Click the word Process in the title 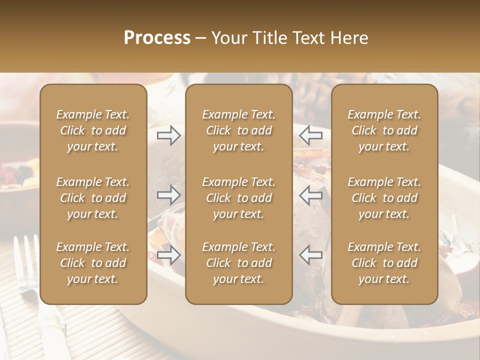tap(157, 38)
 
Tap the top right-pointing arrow tap(168, 135)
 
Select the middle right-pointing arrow tap(168, 194)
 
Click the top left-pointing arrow tap(311, 135)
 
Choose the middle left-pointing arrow tap(311, 194)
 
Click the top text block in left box tap(93, 130)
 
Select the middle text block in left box tap(93, 198)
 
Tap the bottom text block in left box tap(93, 263)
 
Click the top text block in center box tap(238, 130)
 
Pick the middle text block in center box tap(238, 198)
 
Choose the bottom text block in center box tap(238, 263)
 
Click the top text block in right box tap(384, 130)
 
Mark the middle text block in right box tap(384, 198)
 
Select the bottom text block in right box tap(384, 263)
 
